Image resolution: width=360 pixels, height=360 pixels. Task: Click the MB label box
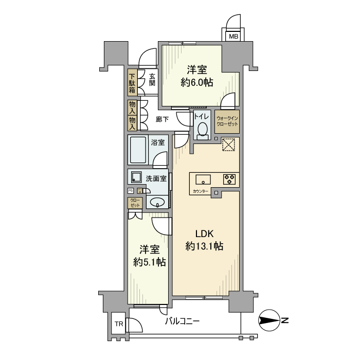point(233,37)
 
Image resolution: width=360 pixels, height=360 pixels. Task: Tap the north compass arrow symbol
point(271,322)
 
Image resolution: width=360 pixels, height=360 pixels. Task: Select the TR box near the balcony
point(118,324)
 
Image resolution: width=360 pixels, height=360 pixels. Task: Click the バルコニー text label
point(182,322)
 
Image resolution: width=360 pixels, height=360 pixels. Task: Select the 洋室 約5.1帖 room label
point(149,256)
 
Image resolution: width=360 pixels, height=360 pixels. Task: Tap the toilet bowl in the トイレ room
point(202,129)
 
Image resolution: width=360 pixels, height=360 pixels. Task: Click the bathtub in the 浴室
point(138,150)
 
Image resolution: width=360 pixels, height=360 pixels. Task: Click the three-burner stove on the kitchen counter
point(229,179)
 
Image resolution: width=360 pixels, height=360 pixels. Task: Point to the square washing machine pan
point(136,177)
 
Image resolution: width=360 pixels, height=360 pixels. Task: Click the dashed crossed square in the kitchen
point(228,145)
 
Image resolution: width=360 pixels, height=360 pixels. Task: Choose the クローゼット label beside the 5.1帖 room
point(135,203)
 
